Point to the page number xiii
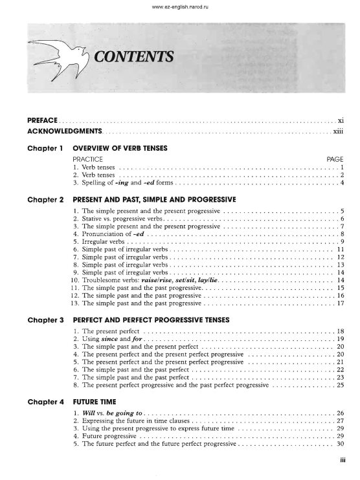coord(338,132)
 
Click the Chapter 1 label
coord(45,148)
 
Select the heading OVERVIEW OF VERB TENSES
coord(120,148)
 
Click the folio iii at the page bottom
coord(341,463)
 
